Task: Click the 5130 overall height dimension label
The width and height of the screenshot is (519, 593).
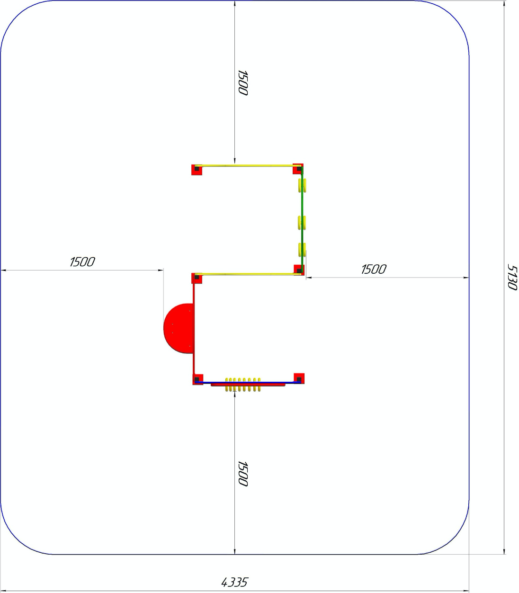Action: point(512,277)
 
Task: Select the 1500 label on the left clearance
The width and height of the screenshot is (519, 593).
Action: point(82,262)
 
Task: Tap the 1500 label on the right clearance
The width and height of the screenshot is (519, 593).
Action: point(374,270)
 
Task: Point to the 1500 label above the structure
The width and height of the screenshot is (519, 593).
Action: point(243,82)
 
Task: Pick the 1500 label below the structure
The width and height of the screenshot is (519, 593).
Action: point(243,474)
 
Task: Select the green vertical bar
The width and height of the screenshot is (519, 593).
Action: point(302,220)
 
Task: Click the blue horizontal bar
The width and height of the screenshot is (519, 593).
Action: point(248,383)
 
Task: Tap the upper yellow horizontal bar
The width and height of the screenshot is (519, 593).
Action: point(248,166)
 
